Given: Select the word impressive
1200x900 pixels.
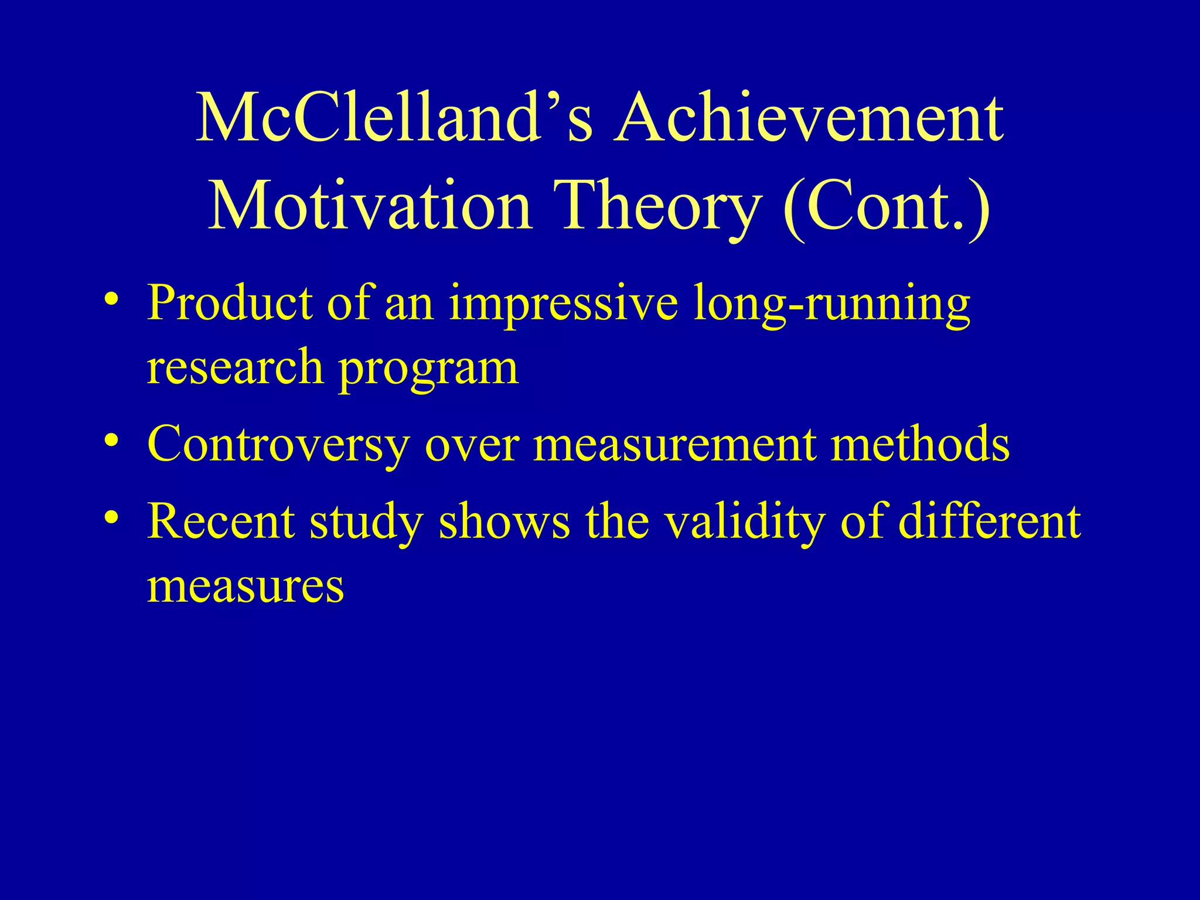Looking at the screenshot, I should [562, 304].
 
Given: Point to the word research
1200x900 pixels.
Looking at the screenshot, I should [234, 368].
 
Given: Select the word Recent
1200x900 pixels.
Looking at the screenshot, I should [220, 521].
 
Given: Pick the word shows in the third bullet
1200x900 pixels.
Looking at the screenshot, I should [504, 521].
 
